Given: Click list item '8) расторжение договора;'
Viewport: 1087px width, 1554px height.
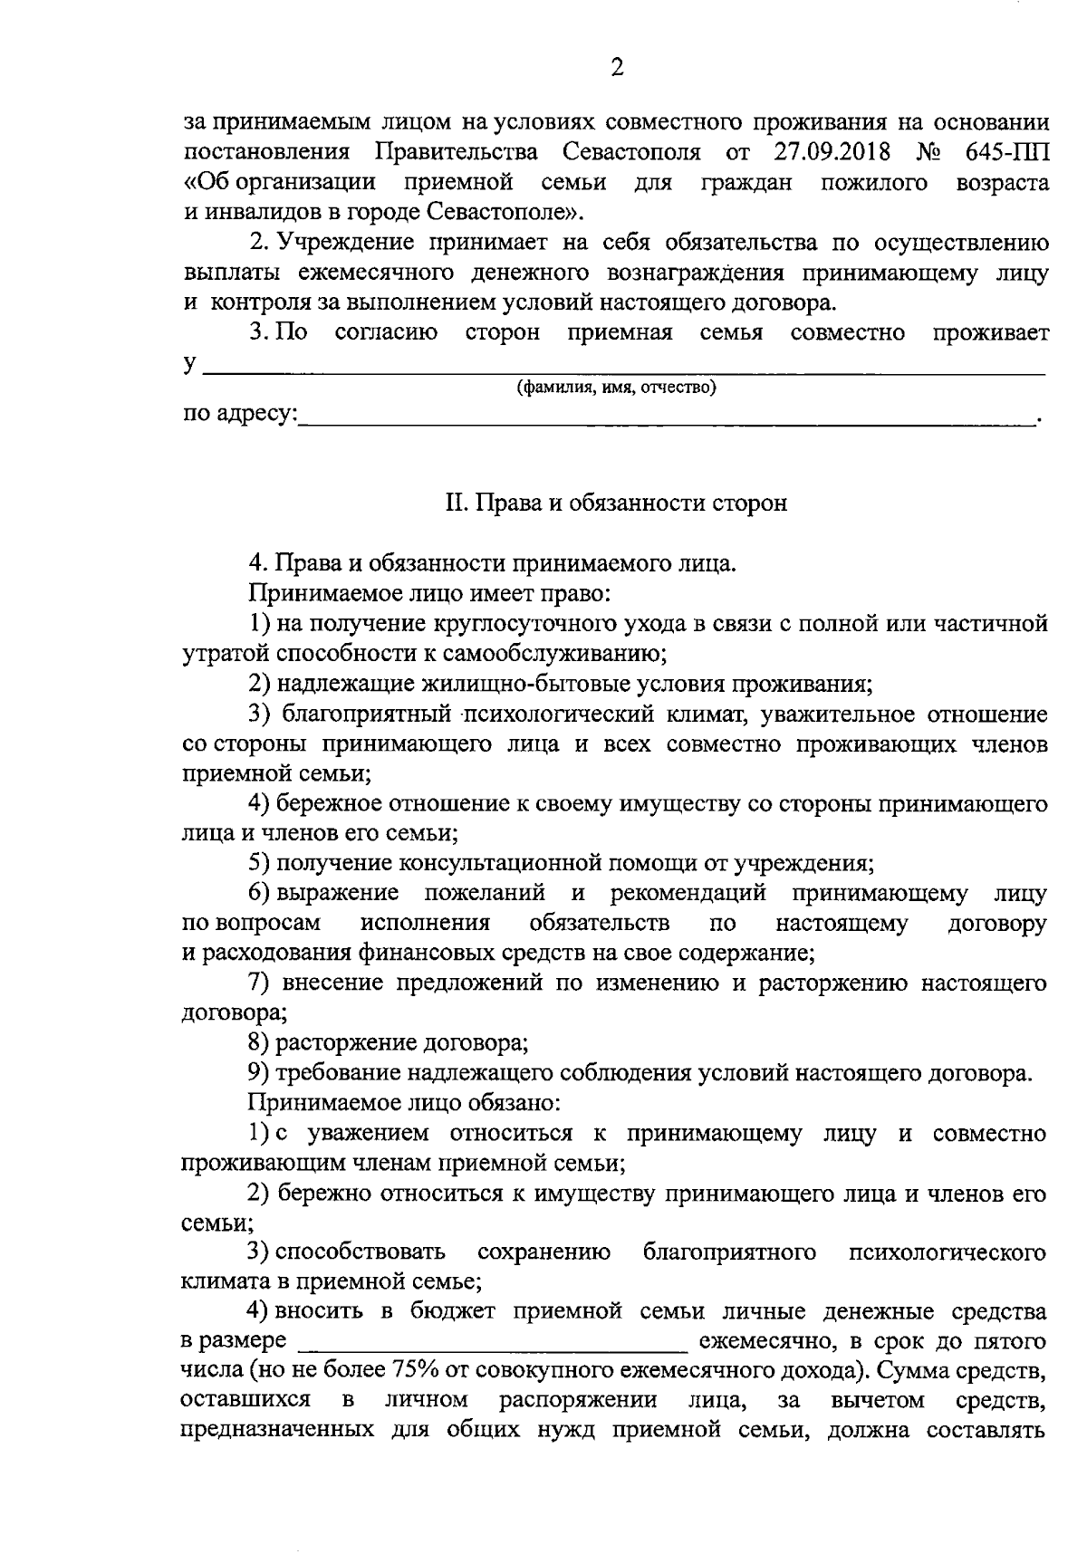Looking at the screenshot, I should click(390, 1042).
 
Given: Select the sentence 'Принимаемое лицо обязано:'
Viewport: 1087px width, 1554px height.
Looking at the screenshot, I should click(405, 1103).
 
